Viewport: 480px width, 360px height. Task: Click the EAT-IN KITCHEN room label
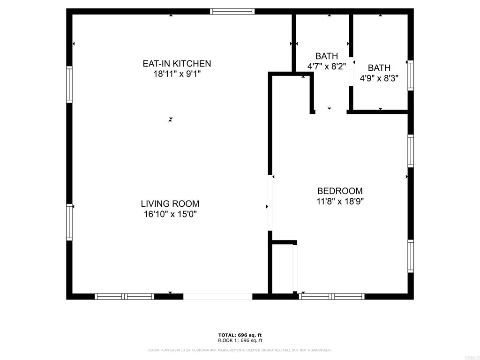[x=177, y=63]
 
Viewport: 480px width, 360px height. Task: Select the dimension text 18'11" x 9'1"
[x=177, y=74]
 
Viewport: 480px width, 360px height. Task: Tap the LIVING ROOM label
[x=170, y=204]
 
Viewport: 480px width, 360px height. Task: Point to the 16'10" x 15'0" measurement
[x=170, y=214]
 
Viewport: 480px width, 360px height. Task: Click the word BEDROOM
[x=340, y=191]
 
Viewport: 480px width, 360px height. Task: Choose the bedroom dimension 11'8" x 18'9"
[x=340, y=201]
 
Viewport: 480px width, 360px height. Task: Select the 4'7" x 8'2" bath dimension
[x=327, y=67]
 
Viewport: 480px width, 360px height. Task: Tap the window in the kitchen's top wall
[x=232, y=11]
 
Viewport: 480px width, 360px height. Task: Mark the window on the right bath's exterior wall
[x=411, y=75]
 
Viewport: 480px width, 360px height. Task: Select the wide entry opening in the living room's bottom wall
[x=217, y=296]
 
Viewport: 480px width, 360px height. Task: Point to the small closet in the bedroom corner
[x=283, y=270]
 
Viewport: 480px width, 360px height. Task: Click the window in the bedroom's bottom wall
[x=332, y=296]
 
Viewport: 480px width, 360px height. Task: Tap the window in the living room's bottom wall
[x=124, y=296]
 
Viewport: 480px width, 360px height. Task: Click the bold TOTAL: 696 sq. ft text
[x=240, y=335]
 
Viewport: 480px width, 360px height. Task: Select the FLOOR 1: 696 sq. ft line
[x=240, y=341]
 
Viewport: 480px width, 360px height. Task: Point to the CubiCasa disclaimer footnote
[x=240, y=350]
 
